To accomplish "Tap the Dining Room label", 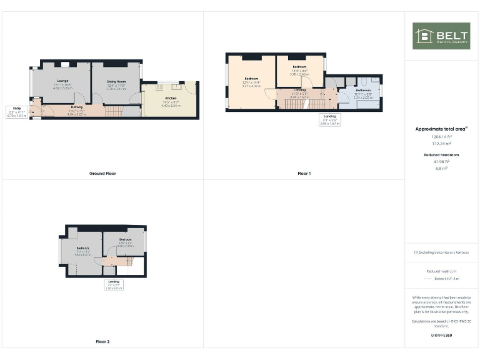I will tap(116, 82).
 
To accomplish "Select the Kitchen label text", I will tap(171, 99).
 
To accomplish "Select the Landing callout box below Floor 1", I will tap(329, 120).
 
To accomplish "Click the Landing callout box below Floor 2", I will tap(114, 285).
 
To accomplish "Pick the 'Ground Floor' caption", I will tap(102, 173).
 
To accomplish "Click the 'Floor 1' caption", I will tap(304, 173).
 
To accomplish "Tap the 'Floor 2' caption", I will tap(102, 342).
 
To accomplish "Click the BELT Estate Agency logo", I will tap(441, 36).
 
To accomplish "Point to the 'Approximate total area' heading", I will tap(441, 129).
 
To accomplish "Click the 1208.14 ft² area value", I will tap(441, 136).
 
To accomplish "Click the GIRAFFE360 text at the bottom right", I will tap(441, 336).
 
